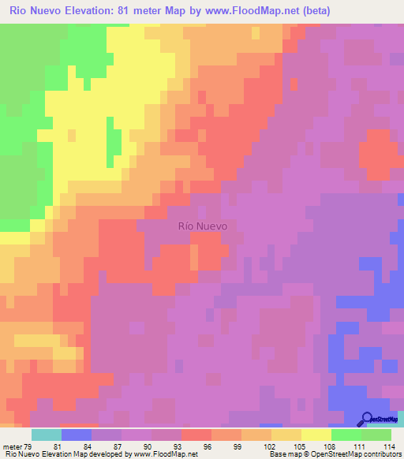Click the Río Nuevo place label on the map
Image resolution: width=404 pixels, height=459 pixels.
tap(203, 226)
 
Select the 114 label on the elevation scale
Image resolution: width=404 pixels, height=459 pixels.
tap(387, 446)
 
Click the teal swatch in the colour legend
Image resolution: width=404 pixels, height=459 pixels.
tap(46, 435)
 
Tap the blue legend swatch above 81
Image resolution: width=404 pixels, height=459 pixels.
tap(76, 435)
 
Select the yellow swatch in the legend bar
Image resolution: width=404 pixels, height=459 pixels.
tap(316, 435)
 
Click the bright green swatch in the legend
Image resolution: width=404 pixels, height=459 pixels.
tap(346, 435)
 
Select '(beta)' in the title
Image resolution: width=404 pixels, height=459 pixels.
tap(313, 10)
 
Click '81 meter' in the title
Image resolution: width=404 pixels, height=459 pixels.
tap(145, 10)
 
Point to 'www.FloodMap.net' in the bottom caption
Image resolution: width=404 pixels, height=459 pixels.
tap(164, 454)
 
